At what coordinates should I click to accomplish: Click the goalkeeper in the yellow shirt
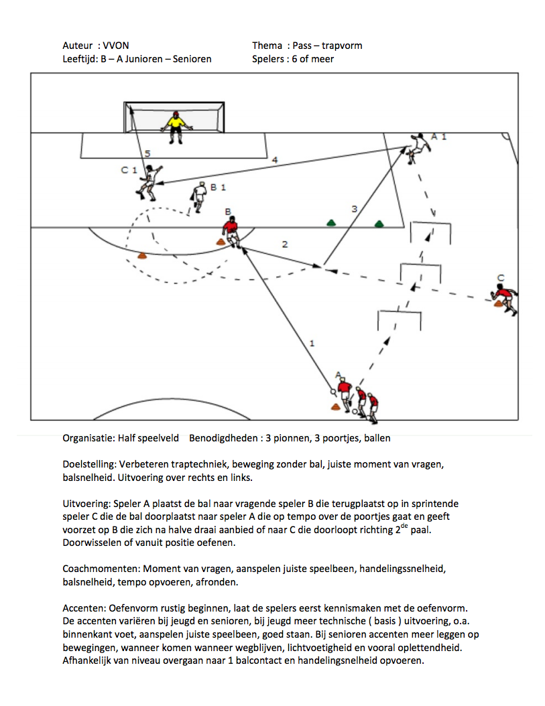[176, 127]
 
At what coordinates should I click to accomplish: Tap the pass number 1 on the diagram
[311, 343]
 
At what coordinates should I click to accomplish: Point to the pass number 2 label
[285, 244]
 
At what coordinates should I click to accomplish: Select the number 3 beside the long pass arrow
[355, 209]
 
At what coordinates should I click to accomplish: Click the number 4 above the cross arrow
[274, 160]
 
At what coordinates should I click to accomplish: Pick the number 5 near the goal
[147, 153]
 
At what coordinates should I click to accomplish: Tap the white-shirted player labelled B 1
[198, 196]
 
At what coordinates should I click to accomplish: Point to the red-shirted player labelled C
[504, 299]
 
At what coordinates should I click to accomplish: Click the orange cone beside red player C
[499, 304]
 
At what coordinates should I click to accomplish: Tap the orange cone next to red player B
[220, 242]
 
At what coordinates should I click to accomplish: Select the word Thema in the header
[267, 46]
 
